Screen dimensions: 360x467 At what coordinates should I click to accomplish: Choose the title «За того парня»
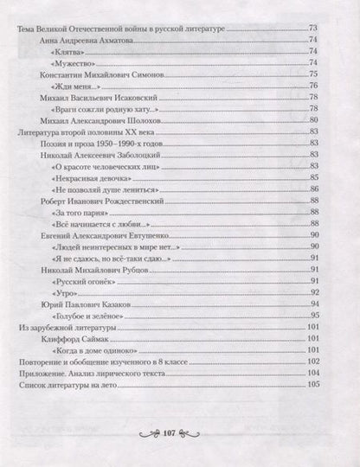(79, 211)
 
